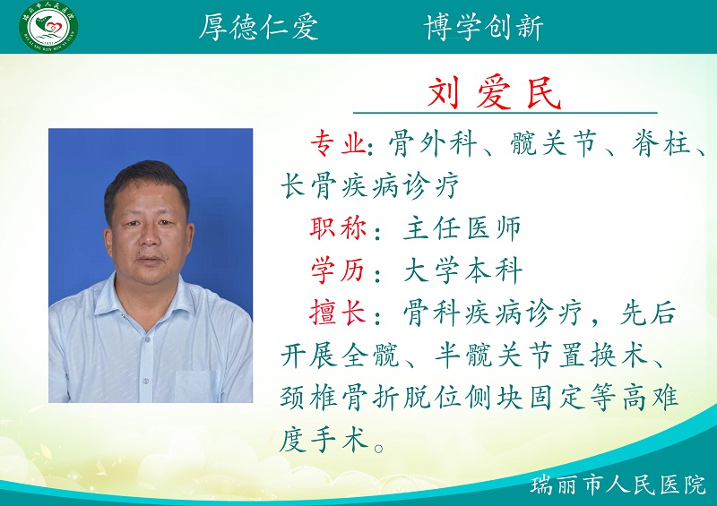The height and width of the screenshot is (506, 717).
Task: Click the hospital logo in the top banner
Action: pyautogui.click(x=48, y=26)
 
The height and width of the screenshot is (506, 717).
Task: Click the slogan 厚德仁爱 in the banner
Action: pyautogui.click(x=258, y=27)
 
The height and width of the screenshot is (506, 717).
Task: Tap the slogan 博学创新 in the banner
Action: pyautogui.click(x=483, y=27)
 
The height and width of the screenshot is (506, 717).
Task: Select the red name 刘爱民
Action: pyautogui.click(x=495, y=93)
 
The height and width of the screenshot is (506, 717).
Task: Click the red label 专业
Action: pyautogui.click(x=339, y=143)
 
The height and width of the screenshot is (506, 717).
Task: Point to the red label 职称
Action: pyautogui.click(x=339, y=227)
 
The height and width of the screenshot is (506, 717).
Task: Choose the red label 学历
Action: pyautogui.click(x=339, y=270)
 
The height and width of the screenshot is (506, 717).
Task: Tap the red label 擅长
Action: pyautogui.click(x=339, y=313)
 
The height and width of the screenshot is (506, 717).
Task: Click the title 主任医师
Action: pyautogui.click(x=462, y=227)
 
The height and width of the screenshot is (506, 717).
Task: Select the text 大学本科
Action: pyautogui.click(x=462, y=270)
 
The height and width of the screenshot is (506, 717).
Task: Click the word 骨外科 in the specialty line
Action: pyautogui.click(x=433, y=143)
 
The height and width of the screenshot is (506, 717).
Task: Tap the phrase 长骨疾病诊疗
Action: pyautogui.click(x=369, y=185)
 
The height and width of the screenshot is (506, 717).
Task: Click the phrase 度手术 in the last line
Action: pyautogui.click(x=324, y=440)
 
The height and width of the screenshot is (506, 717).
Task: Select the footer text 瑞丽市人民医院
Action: pyautogui.click(x=618, y=485)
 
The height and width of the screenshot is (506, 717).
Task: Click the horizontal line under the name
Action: pyautogui.click(x=505, y=113)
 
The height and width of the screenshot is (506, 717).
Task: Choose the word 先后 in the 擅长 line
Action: pyautogui.click(x=648, y=313)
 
